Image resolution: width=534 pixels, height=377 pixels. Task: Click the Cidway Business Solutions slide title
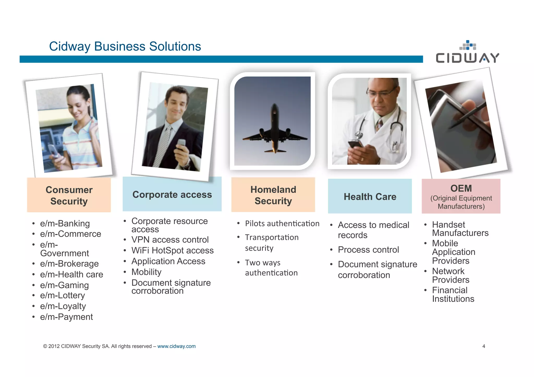point(125,46)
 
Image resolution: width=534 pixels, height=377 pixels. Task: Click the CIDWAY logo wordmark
point(467,58)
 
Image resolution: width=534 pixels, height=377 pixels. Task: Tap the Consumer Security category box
point(69,195)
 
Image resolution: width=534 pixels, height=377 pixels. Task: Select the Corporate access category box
point(172,194)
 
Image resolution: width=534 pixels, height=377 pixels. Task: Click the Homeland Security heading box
point(273,195)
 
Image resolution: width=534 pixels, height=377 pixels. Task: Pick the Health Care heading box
point(370,196)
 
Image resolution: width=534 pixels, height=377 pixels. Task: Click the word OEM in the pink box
point(461,188)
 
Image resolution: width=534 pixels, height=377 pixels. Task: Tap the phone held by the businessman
point(181,144)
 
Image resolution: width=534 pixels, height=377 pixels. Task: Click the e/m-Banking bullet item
point(65,224)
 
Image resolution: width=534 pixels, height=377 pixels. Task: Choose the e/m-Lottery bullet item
point(62,295)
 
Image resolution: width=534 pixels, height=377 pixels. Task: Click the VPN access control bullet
point(170,240)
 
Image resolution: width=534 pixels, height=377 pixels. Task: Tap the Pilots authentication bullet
point(282,224)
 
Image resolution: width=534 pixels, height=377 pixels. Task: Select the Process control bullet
point(368,250)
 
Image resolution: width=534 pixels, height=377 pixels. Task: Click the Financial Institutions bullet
point(453,294)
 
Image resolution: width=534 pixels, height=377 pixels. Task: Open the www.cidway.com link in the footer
point(176,346)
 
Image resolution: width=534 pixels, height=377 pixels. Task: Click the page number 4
point(484,346)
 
